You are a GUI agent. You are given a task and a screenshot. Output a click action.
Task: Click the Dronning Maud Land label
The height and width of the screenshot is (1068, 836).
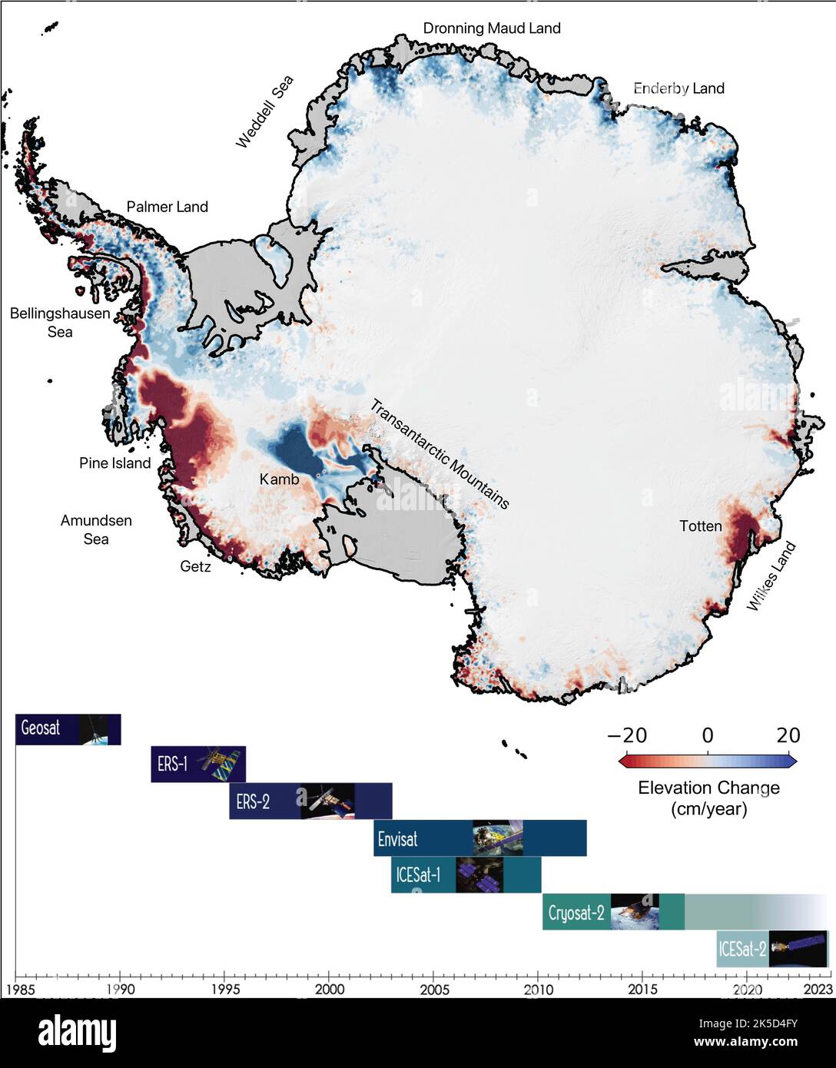(492, 28)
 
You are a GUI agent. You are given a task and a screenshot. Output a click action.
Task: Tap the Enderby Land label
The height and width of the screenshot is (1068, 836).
(678, 88)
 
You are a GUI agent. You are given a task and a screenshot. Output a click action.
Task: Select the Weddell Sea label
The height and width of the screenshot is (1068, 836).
(264, 111)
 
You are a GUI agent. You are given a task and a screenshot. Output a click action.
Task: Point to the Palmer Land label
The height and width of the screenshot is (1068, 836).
(167, 207)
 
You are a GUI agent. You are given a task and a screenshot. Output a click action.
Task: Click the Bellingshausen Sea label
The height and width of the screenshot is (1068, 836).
(60, 323)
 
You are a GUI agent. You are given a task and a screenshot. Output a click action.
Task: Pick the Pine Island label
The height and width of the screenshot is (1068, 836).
(114, 463)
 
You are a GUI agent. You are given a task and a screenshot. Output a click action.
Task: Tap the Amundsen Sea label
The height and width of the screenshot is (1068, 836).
(96, 529)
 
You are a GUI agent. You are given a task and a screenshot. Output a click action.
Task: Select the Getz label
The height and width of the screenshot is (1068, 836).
(195, 567)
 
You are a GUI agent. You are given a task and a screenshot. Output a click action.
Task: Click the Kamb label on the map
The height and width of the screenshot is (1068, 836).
(279, 479)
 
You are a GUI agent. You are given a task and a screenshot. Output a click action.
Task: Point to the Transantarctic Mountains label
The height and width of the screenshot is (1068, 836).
(440, 453)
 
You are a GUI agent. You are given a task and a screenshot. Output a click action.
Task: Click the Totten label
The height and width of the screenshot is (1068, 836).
(700, 526)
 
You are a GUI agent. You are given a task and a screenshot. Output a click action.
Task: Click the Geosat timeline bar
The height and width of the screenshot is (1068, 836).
(68, 728)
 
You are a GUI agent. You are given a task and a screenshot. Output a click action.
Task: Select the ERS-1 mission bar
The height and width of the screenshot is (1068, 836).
(198, 764)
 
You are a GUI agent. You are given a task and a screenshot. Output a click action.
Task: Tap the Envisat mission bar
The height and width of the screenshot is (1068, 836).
(479, 838)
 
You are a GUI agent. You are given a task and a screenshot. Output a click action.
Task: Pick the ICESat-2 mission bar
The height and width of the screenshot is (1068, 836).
(771, 949)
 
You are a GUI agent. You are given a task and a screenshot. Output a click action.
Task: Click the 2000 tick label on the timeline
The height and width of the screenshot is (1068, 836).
(329, 989)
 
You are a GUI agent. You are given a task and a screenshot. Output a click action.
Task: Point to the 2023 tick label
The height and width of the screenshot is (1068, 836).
(816, 989)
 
